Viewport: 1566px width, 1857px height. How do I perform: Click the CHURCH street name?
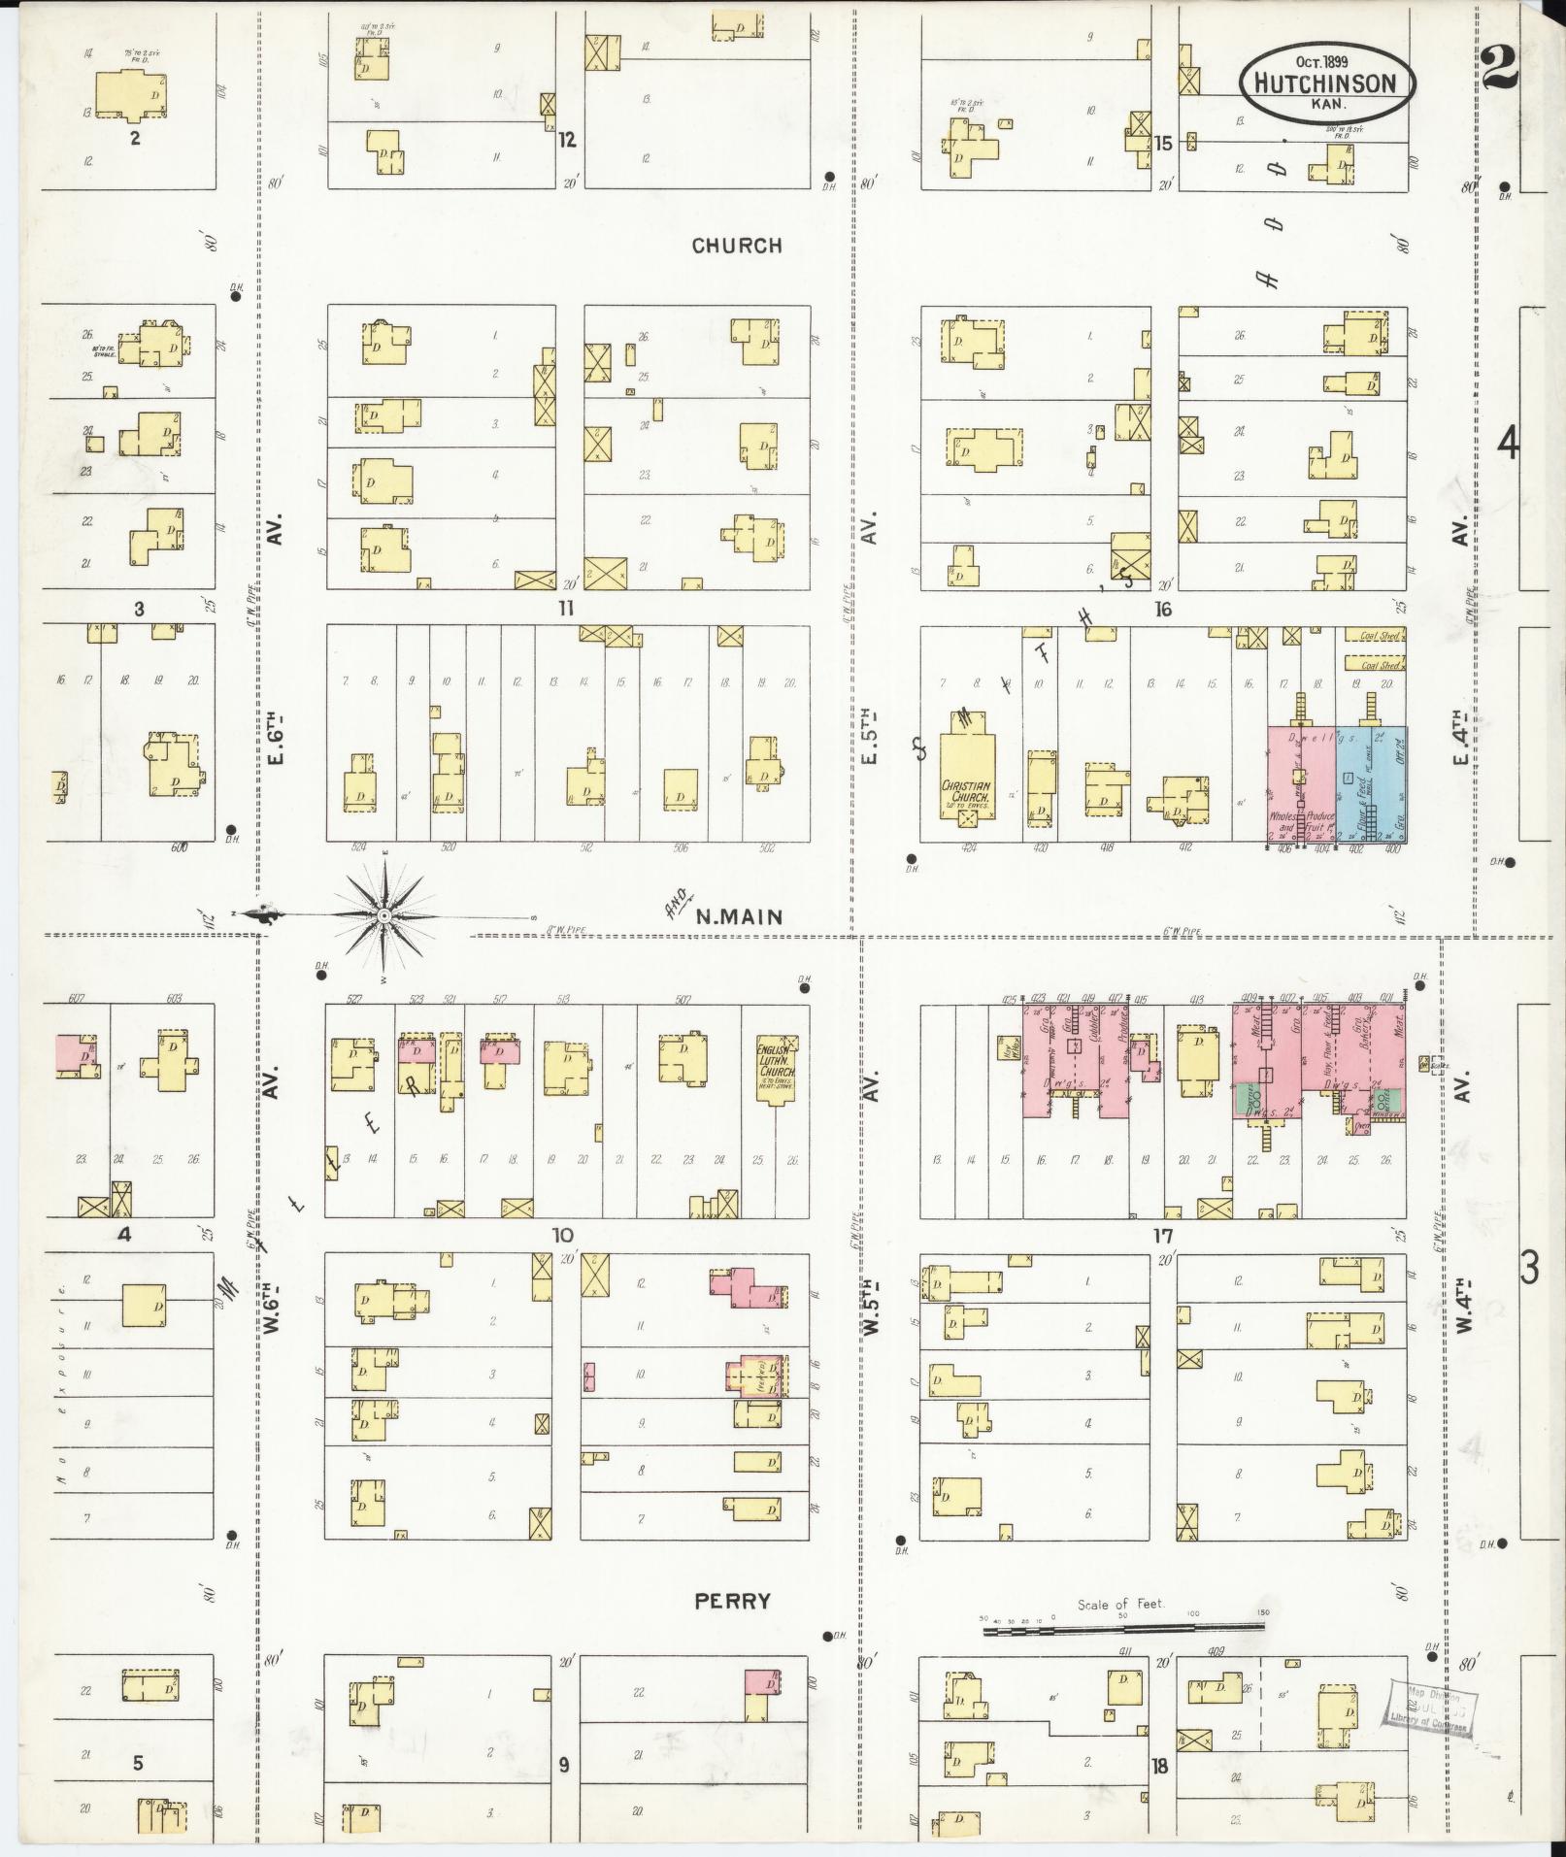(x=737, y=246)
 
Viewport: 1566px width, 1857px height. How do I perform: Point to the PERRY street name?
(x=732, y=1601)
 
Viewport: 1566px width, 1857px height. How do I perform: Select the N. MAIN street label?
(x=739, y=914)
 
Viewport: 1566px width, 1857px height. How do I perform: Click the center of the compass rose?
(x=384, y=915)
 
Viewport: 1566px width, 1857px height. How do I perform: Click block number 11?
(x=566, y=609)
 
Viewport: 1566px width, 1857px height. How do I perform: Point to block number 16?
(x=1163, y=610)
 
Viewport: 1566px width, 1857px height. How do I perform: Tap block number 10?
(x=562, y=1235)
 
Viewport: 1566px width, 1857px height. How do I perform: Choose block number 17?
(x=1163, y=1235)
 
